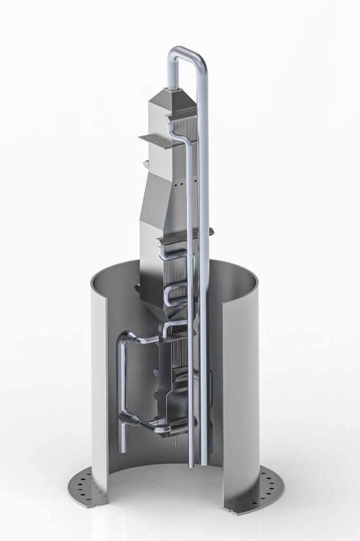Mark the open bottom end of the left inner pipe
[x=123, y=449]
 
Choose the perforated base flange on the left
[x=88, y=483]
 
